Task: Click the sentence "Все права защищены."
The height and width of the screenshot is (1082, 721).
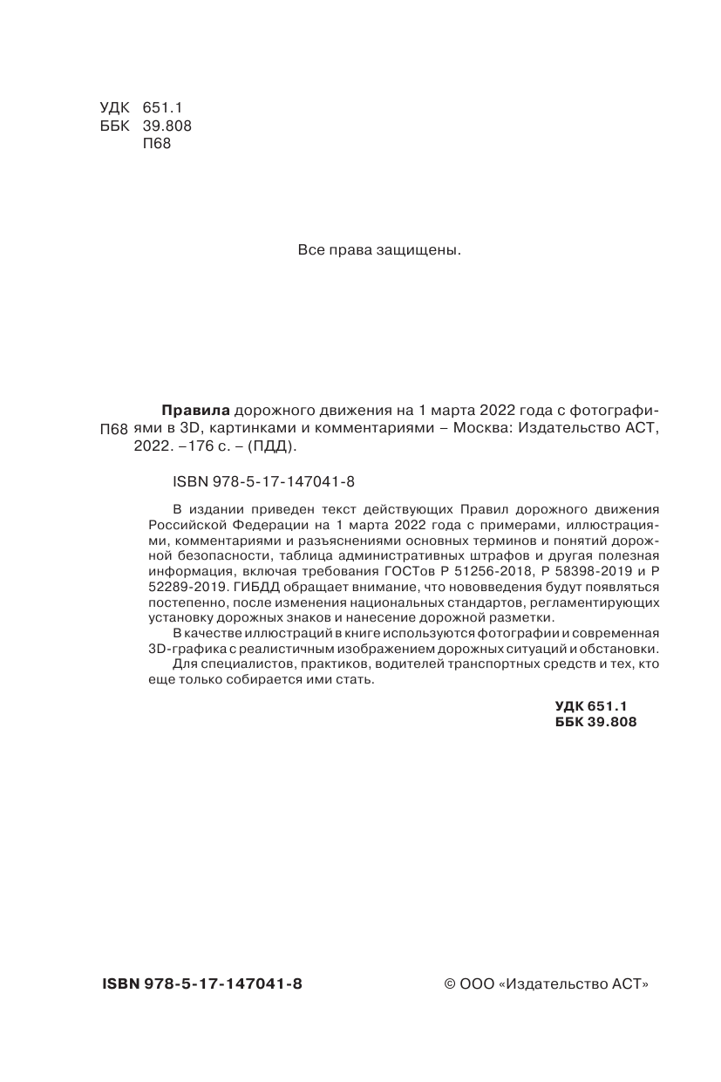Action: point(378,250)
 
